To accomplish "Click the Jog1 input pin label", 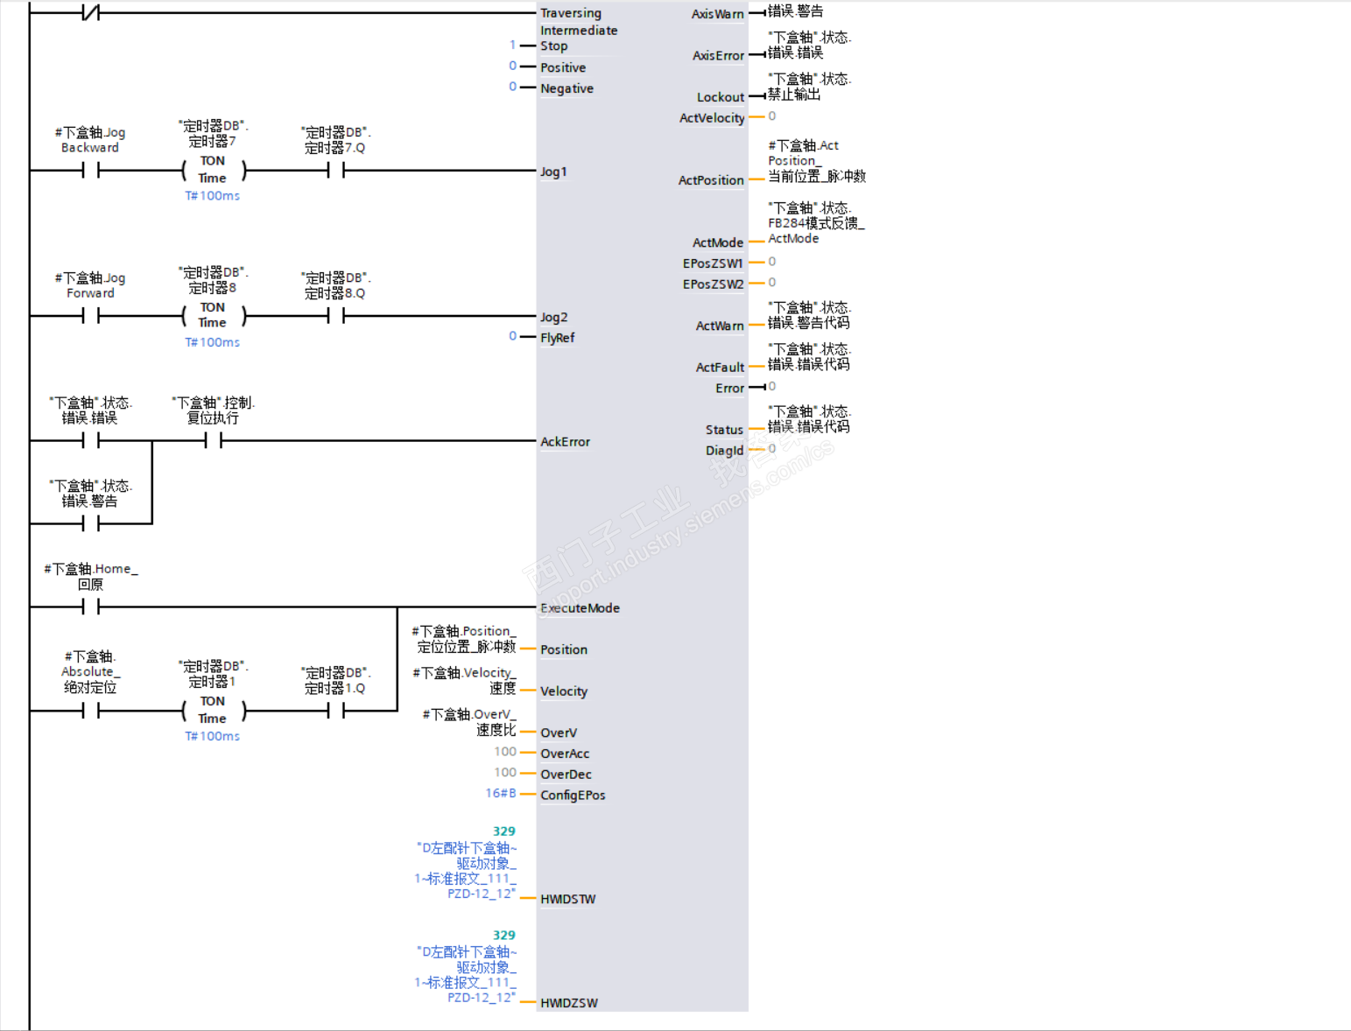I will pos(553,172).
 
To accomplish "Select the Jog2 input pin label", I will pos(553,317).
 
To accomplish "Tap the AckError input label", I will pos(565,442).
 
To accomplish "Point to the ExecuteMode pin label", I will pos(580,608).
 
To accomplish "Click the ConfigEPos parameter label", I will pos(573,796).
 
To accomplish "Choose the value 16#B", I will pos(501,793).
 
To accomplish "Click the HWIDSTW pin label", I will pos(567,900).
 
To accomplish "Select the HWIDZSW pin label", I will pos(569,1003).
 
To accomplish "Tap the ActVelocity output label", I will pos(712,118).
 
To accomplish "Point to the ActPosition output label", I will pos(711,180).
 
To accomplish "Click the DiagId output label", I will pos(724,451).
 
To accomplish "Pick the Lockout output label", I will pos(721,97).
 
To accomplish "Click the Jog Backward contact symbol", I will pos(91,171).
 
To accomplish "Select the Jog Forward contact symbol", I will pos(91,316).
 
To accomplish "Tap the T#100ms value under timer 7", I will pos(212,196).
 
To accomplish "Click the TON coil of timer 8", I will pos(213,315).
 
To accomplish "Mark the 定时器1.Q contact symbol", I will pos(336,712).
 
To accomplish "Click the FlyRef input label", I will pos(557,338).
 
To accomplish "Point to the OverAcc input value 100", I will pos(505,752).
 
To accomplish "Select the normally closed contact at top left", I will pos(91,12).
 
